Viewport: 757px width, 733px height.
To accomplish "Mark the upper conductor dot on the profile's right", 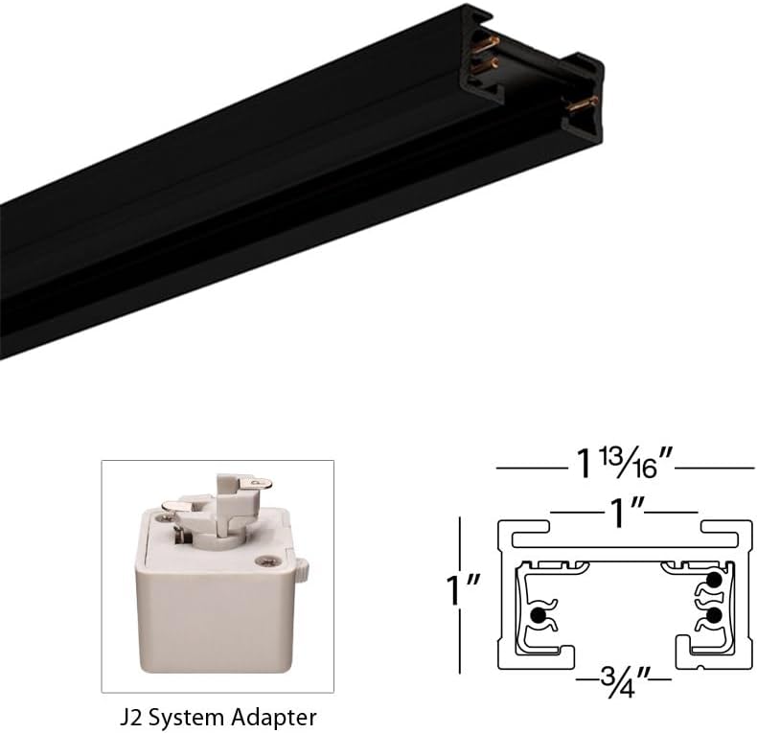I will click(713, 581).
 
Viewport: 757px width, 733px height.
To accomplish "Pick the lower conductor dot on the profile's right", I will click(713, 613).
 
